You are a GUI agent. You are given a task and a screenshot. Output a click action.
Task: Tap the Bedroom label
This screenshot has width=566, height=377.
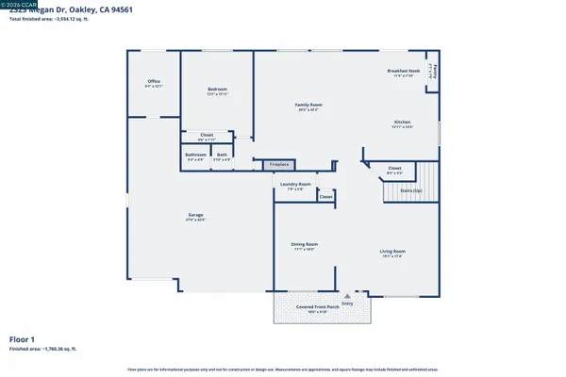(x=218, y=91)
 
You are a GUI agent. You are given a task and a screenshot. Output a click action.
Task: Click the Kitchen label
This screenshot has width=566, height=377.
(x=403, y=123)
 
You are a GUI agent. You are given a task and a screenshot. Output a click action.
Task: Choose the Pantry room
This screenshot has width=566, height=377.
(x=433, y=72)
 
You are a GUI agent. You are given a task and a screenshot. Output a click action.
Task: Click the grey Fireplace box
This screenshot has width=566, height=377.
(x=279, y=164)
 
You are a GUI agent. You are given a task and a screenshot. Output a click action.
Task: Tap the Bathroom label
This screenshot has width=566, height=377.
(x=195, y=156)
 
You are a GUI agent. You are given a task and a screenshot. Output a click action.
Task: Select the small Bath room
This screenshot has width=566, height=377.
(x=222, y=156)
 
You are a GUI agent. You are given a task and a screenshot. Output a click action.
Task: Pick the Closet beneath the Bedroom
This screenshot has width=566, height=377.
(x=207, y=137)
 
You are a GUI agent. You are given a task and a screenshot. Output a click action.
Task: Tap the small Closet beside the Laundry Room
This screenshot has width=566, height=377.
(x=325, y=197)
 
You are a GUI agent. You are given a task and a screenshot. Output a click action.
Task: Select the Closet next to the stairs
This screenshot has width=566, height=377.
(x=395, y=172)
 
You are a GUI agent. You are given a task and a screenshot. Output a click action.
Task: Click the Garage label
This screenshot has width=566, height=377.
(x=195, y=217)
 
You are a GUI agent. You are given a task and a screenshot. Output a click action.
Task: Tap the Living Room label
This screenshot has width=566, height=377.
(x=392, y=252)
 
